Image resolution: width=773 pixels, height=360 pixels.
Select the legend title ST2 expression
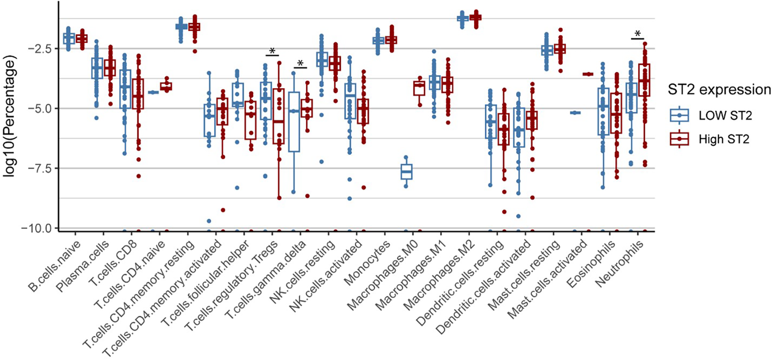719,90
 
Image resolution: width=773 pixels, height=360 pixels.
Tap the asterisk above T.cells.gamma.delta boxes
300,64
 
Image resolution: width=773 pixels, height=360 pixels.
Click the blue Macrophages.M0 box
406,172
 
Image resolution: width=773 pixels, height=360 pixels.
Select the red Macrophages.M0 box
419,88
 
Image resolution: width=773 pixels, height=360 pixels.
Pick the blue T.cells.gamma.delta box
294,121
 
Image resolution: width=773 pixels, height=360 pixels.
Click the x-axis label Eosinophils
592,264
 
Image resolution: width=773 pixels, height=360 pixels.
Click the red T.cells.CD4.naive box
166,86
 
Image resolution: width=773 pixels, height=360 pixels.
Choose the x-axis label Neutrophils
620,264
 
